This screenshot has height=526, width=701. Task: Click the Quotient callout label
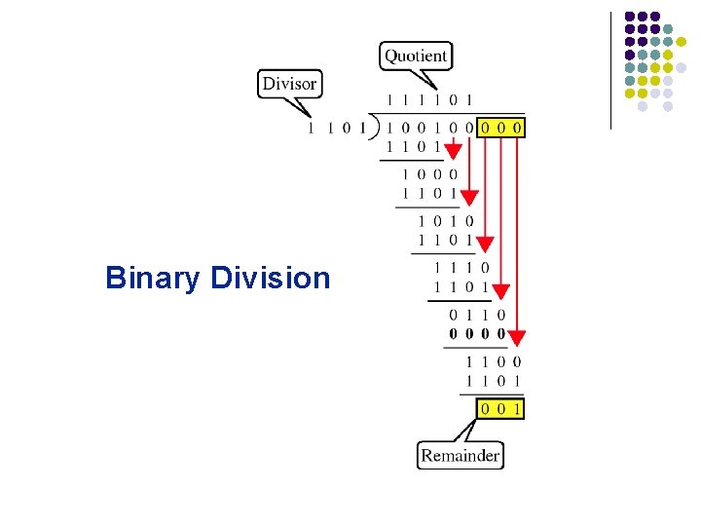(416, 56)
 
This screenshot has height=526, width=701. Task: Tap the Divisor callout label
(289, 84)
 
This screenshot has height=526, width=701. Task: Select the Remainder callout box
(460, 455)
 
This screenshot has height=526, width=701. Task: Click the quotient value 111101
(430, 100)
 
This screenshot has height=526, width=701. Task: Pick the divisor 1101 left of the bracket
(336, 128)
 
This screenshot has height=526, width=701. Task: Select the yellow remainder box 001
(500, 409)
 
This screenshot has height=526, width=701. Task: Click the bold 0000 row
(477, 333)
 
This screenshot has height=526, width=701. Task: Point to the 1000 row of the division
(429, 174)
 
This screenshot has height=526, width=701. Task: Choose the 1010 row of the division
(446, 221)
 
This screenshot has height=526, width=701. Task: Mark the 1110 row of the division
(461, 268)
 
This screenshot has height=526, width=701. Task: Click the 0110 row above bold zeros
(477, 315)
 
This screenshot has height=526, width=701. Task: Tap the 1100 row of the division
(493, 361)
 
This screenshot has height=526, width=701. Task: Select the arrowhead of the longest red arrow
(516, 337)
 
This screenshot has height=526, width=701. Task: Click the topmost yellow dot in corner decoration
(682, 41)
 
